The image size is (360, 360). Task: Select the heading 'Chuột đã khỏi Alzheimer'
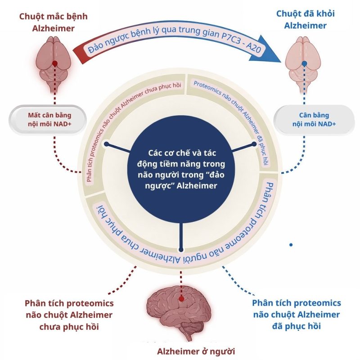305,19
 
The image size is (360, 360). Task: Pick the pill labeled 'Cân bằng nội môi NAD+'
315,119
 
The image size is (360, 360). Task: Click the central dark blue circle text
180,169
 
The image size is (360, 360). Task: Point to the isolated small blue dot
291,244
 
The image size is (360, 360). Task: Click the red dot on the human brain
180,299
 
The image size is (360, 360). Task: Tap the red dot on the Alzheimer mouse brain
54,64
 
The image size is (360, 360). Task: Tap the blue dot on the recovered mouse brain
305,64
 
